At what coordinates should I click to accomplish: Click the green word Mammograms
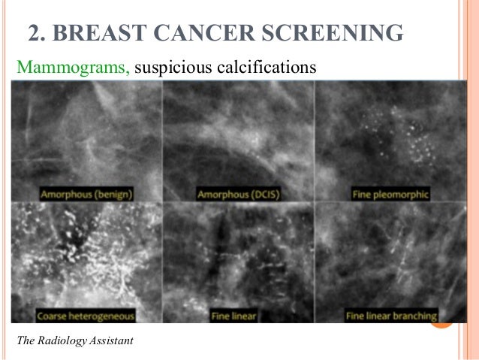[x=73, y=68]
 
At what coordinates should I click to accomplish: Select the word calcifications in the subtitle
[x=264, y=68]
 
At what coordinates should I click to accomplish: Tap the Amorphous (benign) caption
[x=87, y=195]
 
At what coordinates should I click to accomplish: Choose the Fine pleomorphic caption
[x=390, y=195]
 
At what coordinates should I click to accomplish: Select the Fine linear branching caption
[x=390, y=316]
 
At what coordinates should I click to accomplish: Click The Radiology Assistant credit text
[x=74, y=341]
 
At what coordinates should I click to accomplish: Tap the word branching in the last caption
[x=414, y=316]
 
